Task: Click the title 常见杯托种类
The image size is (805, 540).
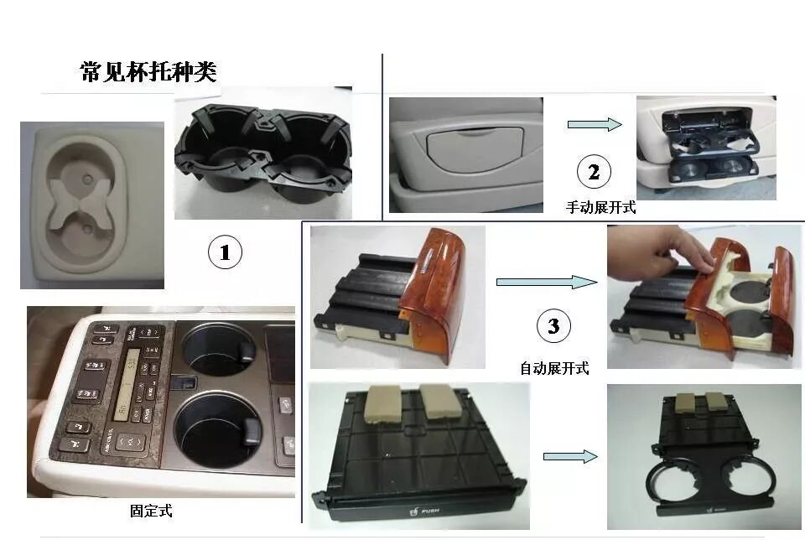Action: [148, 72]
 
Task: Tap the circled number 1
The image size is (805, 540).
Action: [225, 252]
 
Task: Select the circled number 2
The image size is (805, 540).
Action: [594, 173]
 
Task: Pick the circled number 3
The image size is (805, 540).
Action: [553, 326]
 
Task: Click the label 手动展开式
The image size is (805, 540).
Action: [601, 208]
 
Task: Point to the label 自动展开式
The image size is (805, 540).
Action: [554, 367]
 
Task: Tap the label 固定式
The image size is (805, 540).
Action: [151, 510]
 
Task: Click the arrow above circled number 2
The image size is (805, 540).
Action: [595, 125]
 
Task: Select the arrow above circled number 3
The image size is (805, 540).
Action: [546, 282]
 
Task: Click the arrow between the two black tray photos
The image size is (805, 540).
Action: [570, 456]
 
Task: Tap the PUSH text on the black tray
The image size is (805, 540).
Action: [430, 509]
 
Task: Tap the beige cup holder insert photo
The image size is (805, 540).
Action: [91, 205]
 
